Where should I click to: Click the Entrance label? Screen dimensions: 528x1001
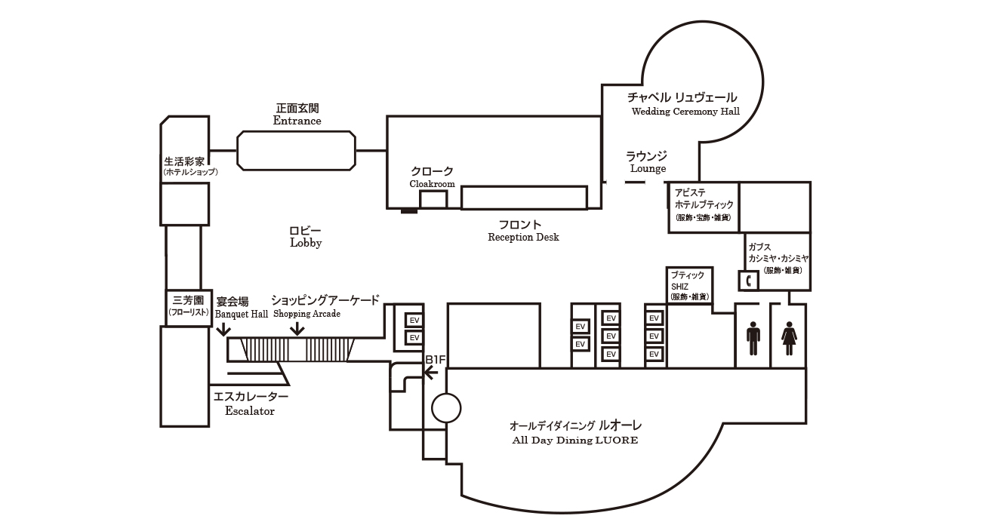[297, 121]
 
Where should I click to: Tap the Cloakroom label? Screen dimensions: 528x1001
[432, 183]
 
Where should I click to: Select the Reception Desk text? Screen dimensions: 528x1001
[523, 237]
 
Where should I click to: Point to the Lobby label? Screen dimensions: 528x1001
[306, 243]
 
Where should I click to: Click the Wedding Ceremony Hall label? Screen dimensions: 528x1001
[685, 112]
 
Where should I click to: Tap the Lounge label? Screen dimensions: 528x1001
[648, 169]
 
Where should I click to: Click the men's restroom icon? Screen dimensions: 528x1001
[753, 339]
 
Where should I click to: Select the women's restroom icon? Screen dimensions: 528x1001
[789, 339]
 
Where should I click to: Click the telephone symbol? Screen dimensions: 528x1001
[748, 281]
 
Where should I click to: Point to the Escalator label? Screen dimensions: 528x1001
[250, 411]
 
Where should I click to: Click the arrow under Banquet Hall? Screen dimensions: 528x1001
[223, 330]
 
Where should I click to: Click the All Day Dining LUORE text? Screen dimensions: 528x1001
[574, 440]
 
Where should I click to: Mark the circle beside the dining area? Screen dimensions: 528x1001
[445, 409]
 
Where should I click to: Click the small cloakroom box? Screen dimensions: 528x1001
[433, 200]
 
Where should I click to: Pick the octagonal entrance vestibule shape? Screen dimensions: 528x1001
[296, 151]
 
